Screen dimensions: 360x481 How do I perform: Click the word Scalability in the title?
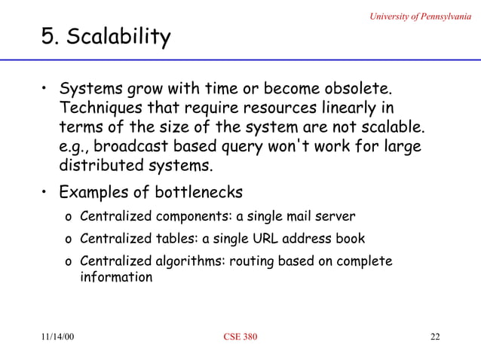[118, 37]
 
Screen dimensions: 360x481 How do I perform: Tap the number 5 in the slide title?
[47, 36]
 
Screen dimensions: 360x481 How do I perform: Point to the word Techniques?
[101, 110]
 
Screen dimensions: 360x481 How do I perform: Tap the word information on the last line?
[116, 277]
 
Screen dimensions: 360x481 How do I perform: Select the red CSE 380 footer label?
[240, 336]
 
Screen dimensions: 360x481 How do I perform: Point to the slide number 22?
[434, 336]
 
